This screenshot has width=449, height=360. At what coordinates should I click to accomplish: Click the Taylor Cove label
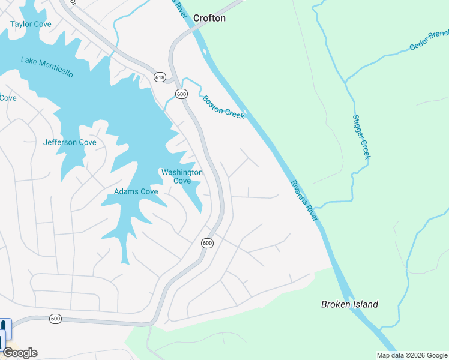click(31, 24)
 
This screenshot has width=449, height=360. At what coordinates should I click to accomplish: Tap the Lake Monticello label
click(47, 67)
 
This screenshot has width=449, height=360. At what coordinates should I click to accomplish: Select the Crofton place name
click(209, 18)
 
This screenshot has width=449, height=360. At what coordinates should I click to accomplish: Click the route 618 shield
click(160, 77)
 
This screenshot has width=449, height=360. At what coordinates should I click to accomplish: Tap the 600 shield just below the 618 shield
click(181, 94)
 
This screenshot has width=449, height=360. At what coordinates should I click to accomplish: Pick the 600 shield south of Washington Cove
click(207, 242)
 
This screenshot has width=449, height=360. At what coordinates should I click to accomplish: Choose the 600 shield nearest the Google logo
click(55, 318)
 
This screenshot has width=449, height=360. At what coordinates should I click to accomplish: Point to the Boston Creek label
click(223, 107)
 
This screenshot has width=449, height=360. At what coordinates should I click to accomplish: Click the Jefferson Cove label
click(70, 142)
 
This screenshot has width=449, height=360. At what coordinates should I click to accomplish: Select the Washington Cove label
click(182, 176)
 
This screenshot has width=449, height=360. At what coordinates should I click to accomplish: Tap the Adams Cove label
click(136, 192)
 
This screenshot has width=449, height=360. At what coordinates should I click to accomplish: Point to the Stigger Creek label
click(361, 137)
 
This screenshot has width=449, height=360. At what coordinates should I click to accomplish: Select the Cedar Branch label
click(429, 40)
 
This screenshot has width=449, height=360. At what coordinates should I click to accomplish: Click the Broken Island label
click(349, 304)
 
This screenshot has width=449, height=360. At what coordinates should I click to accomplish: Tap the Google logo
click(20, 353)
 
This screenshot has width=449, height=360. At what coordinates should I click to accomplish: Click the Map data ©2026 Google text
click(412, 355)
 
